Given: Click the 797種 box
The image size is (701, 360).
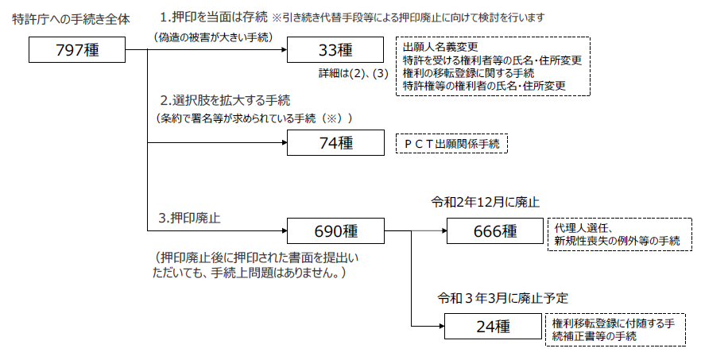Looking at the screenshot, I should tap(77, 50).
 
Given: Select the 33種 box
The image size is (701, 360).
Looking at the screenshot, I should tap(335, 50).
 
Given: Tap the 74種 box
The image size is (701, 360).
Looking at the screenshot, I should tap(335, 143).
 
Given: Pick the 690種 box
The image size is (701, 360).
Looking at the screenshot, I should tap(335, 231).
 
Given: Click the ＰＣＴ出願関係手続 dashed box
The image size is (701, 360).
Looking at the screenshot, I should tap(451, 143).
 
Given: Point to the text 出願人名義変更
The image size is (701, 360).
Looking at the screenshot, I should tap(440, 48).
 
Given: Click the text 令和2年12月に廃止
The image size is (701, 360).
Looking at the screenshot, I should tap(485, 202).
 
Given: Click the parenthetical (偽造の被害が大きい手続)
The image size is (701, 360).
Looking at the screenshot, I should tap(213, 37).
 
